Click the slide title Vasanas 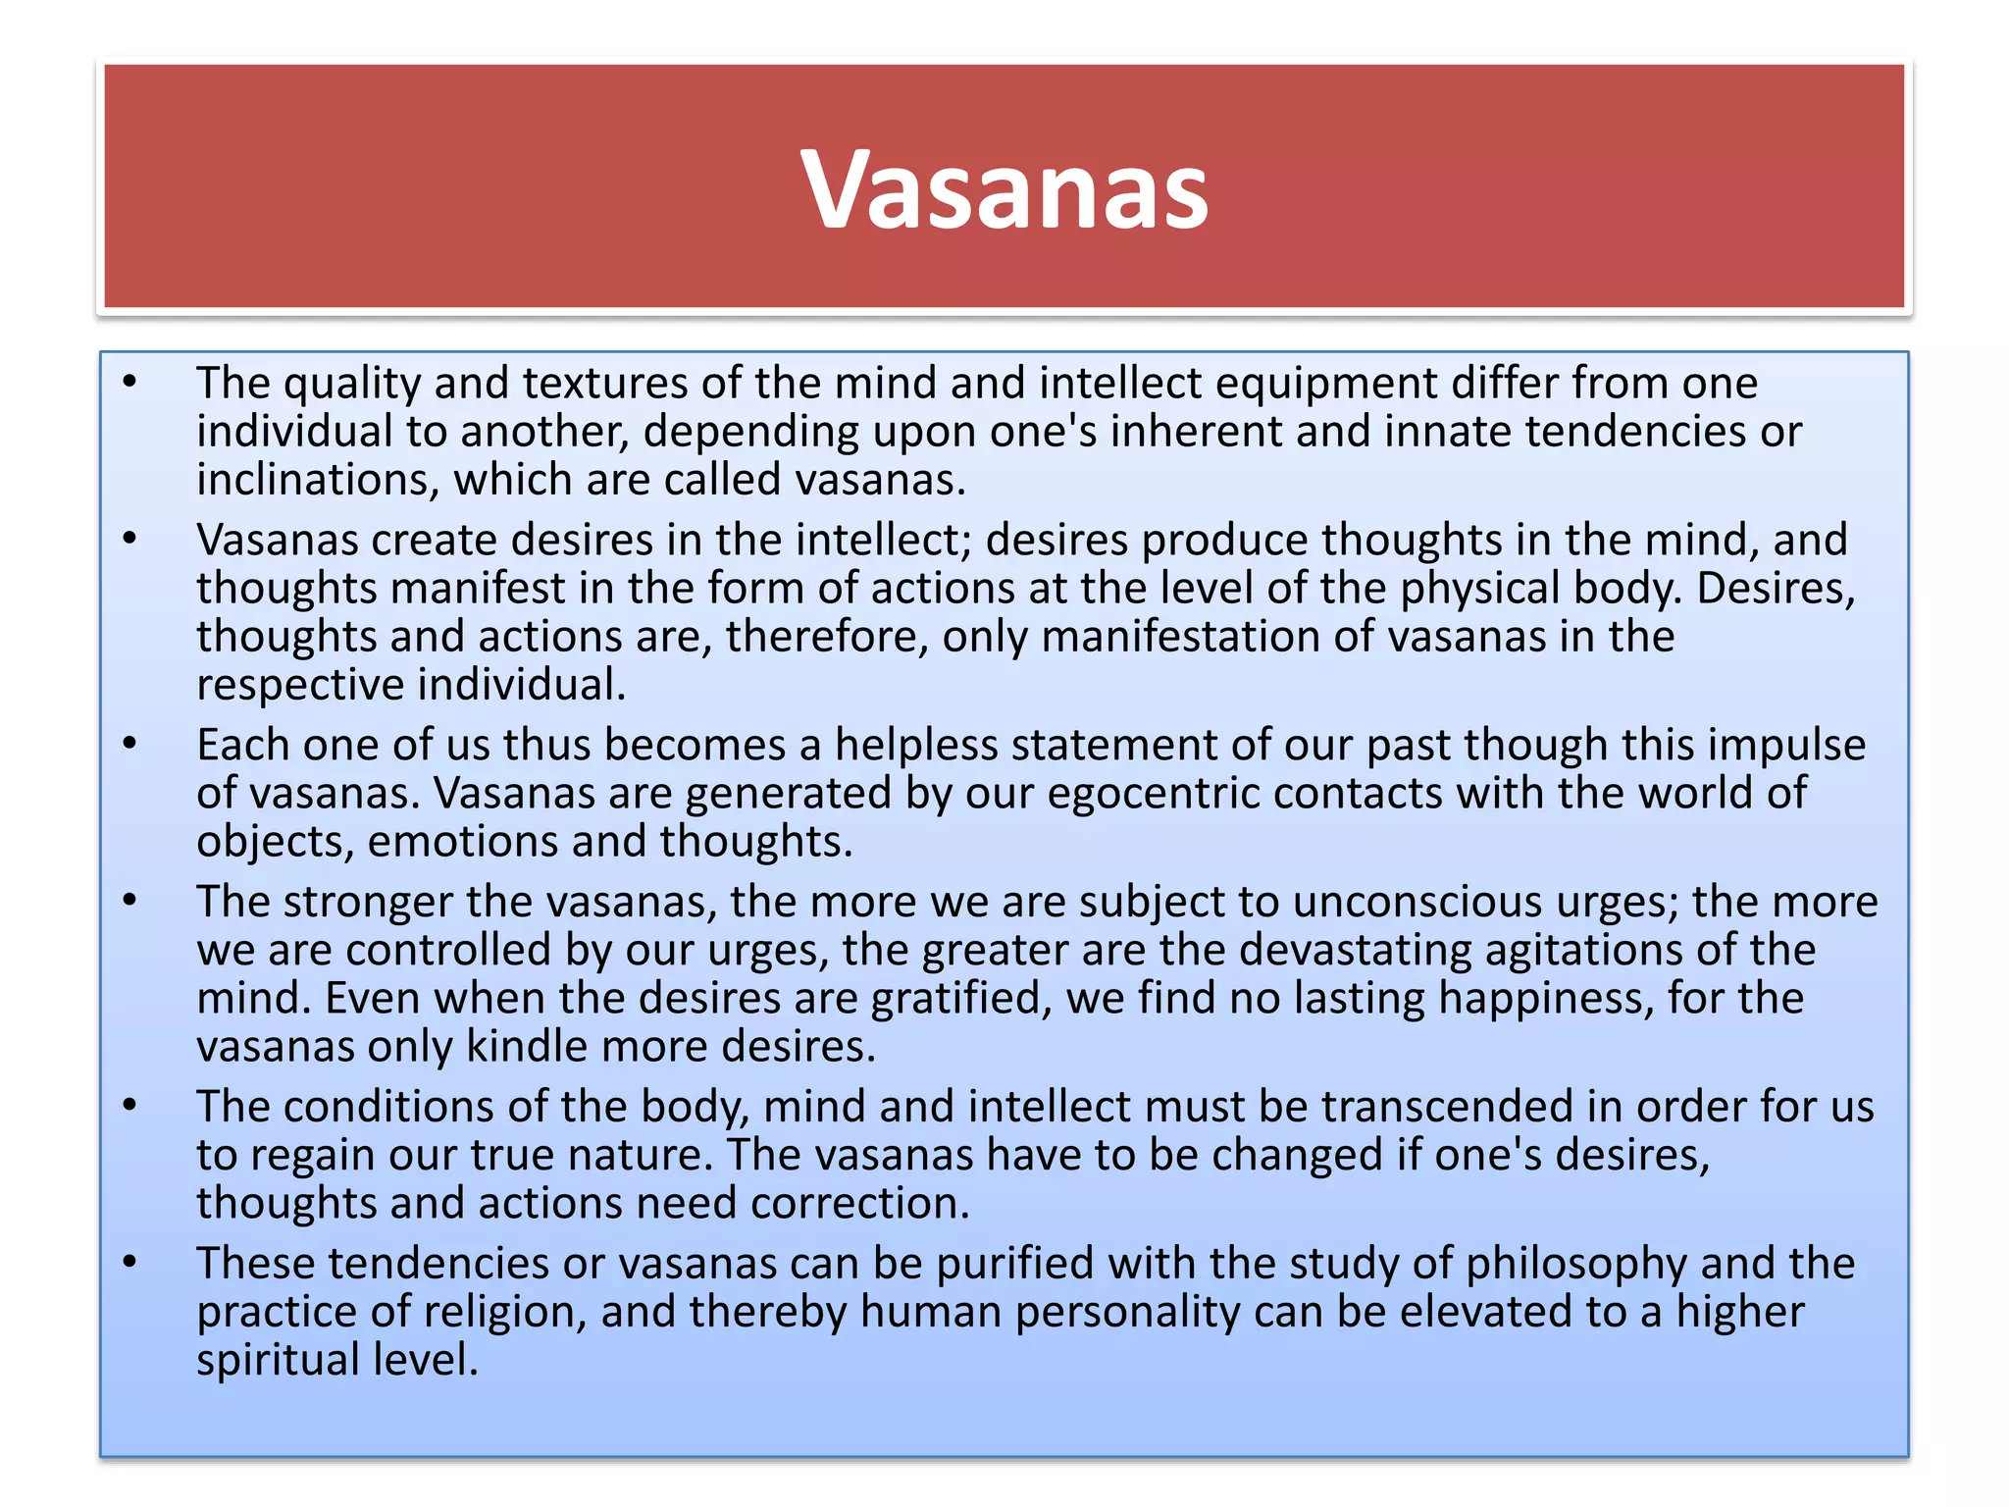click(1004, 189)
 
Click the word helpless click(916, 746)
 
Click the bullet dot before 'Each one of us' click(129, 744)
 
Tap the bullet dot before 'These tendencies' click(129, 1263)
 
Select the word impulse click(1786, 746)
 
